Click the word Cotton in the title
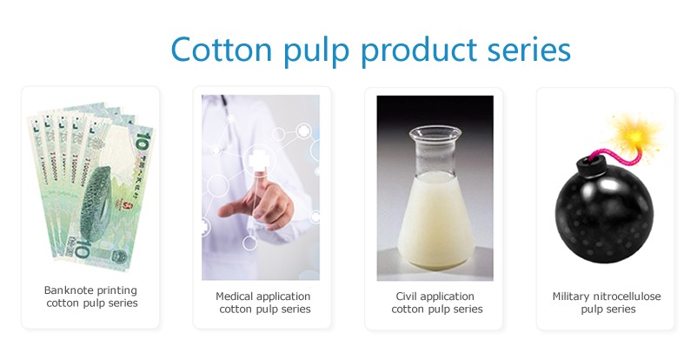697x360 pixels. (x=222, y=49)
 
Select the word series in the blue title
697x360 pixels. (x=529, y=49)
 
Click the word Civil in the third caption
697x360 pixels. (x=406, y=297)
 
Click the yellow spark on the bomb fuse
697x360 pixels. (x=636, y=134)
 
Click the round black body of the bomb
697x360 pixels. (x=604, y=214)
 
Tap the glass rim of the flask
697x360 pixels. (x=435, y=131)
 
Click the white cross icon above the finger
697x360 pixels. (x=257, y=162)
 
